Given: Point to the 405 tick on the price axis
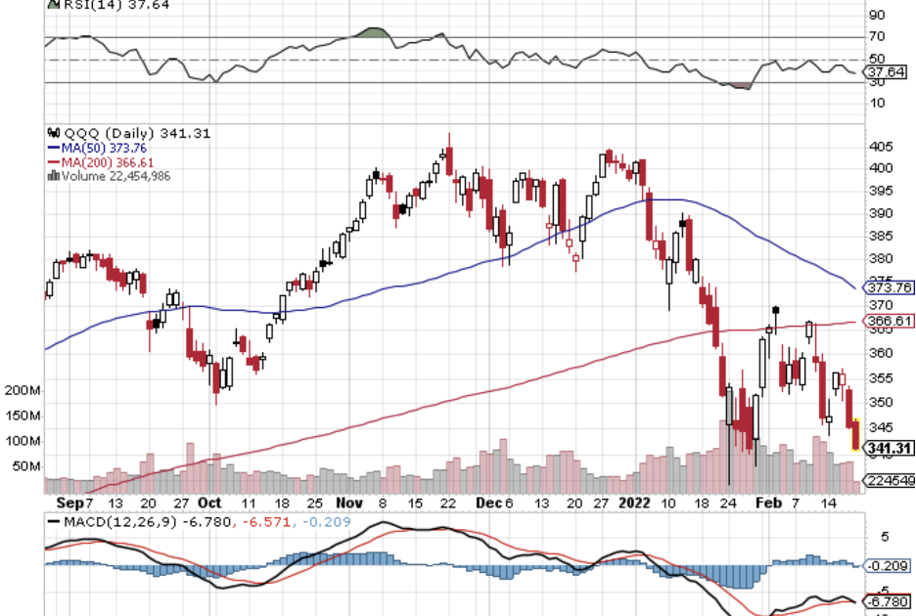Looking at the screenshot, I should [x=882, y=147].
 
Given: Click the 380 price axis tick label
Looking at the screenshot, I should [x=882, y=259].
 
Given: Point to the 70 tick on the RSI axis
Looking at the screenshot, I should [x=877, y=38].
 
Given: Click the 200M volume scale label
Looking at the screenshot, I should [x=22, y=391].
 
